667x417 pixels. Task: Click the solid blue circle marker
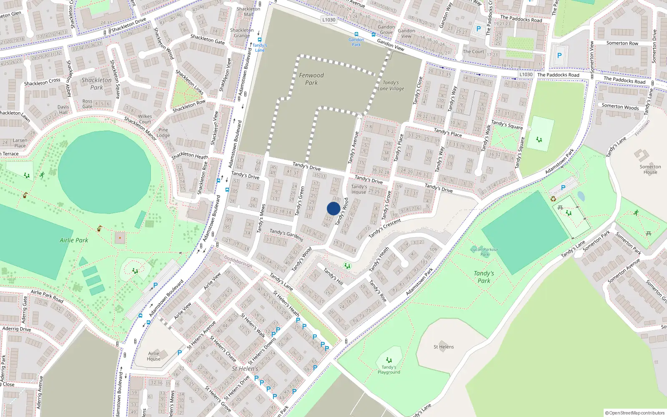(x=333, y=208)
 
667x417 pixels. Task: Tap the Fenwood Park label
(x=311, y=79)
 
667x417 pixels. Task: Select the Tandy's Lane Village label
(x=391, y=85)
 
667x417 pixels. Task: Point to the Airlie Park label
(x=74, y=240)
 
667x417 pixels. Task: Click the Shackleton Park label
(x=96, y=83)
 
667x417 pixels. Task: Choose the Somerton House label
(x=650, y=169)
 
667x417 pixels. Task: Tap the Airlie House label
(x=153, y=356)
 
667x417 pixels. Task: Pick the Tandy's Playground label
(x=389, y=370)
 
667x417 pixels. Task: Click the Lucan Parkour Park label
(x=484, y=252)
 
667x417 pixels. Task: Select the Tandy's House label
(x=359, y=189)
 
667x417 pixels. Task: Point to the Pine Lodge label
(x=163, y=133)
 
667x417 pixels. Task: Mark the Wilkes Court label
(x=145, y=119)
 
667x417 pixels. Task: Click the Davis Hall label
(x=63, y=110)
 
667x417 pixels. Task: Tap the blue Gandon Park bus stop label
(x=356, y=42)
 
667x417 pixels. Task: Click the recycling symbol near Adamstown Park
(x=553, y=199)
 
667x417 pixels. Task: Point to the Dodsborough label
(x=238, y=261)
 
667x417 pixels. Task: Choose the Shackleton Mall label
(x=248, y=11)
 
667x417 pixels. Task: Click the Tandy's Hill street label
(x=333, y=277)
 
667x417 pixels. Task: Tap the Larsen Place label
(x=20, y=143)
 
